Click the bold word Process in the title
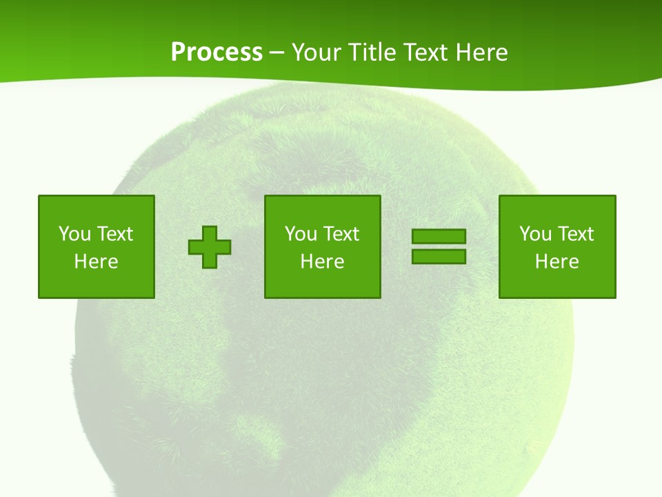217,52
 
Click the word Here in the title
482,52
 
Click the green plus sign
210,247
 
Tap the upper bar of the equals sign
439,237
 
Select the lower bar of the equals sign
439,256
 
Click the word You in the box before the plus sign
74,234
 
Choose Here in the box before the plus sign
96,262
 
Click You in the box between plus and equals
301,234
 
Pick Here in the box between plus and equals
322,262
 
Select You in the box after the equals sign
535,234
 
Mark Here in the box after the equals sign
556,262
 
